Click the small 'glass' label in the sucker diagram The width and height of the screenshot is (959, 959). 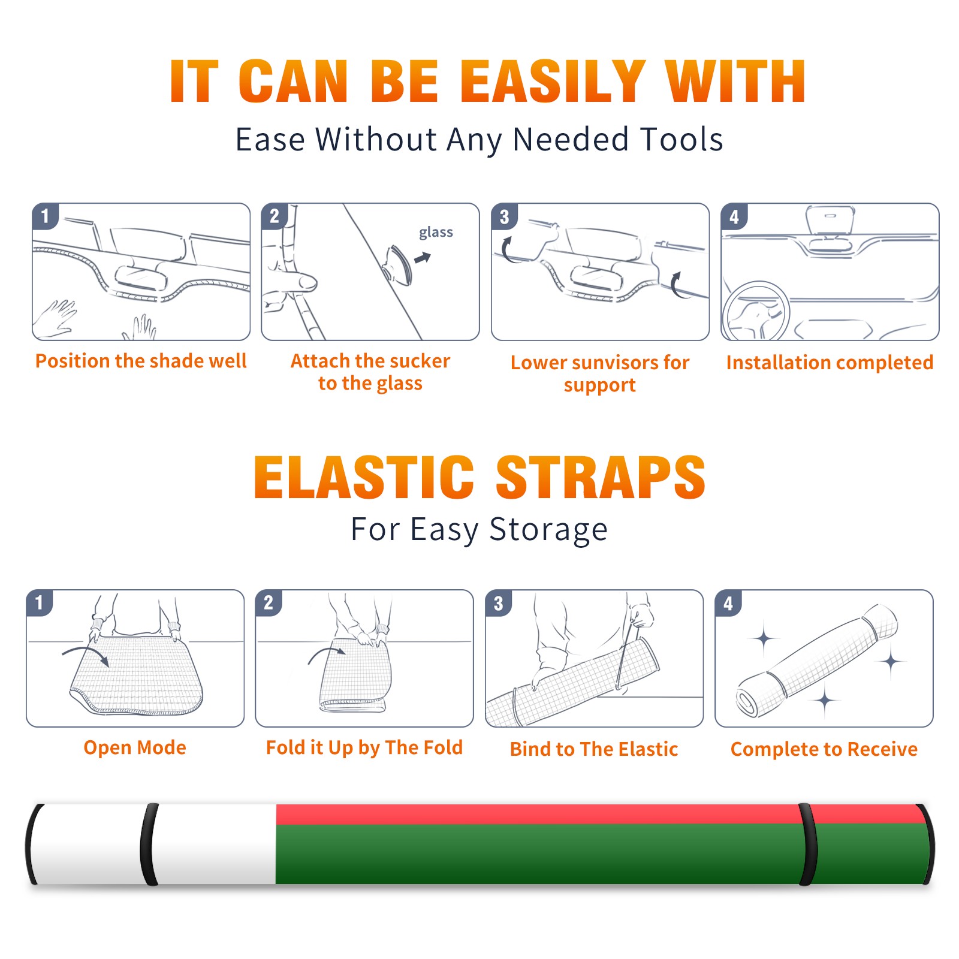(x=436, y=233)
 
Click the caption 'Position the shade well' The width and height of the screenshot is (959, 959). (x=141, y=361)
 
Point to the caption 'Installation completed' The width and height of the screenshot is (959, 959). (x=830, y=363)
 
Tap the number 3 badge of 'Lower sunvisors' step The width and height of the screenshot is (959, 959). (x=504, y=217)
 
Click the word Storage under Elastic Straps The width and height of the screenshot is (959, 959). (x=548, y=530)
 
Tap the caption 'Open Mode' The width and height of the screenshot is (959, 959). (x=135, y=747)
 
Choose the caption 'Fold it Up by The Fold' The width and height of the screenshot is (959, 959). (x=364, y=747)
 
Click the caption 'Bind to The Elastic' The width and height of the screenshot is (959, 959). (x=594, y=749)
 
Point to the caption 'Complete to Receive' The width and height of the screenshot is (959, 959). (x=824, y=749)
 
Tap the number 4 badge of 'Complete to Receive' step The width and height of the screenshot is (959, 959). (x=728, y=603)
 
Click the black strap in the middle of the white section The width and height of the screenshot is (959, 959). (x=149, y=844)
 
